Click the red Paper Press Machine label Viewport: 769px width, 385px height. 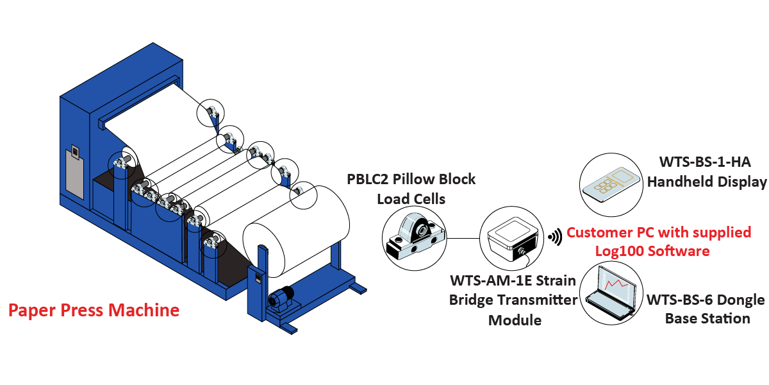pyautogui.click(x=94, y=311)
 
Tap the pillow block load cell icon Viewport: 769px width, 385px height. pyautogui.click(x=414, y=239)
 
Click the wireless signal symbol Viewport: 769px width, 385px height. pyautogui.click(x=554, y=237)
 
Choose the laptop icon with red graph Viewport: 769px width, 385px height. pyautogui.click(x=611, y=293)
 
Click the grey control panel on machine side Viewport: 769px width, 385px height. pyautogui.click(x=74, y=172)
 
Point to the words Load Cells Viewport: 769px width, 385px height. pyautogui.click(x=411, y=199)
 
